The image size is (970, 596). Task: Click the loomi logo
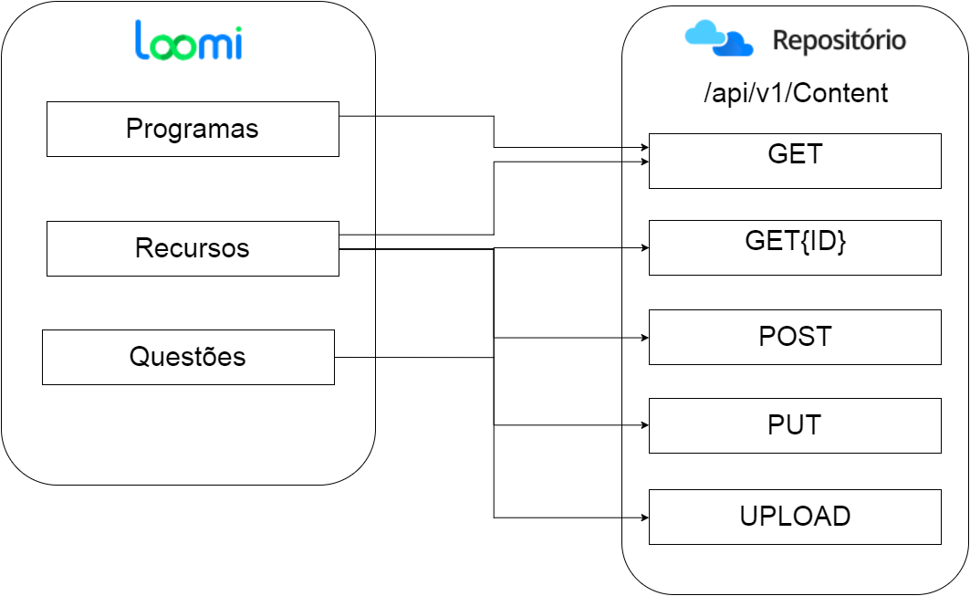188,40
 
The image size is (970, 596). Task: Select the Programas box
193,129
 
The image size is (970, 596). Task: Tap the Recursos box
193,248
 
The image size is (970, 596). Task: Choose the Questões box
189,357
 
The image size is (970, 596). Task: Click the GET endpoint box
795,161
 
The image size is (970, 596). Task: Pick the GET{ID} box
795,247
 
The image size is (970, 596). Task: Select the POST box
795,338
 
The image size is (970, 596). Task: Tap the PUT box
795,426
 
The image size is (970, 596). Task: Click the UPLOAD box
795,517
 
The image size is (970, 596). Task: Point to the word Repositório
839,41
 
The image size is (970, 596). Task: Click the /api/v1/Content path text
796,93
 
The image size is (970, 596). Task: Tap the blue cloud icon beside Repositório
719,38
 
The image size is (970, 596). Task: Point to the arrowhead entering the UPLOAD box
645,518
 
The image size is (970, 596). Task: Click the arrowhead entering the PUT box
645,425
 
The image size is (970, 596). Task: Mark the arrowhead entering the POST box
645,338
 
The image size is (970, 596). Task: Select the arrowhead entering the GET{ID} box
645,247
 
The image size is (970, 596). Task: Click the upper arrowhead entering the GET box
645,147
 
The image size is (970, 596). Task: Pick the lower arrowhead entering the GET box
645,162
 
